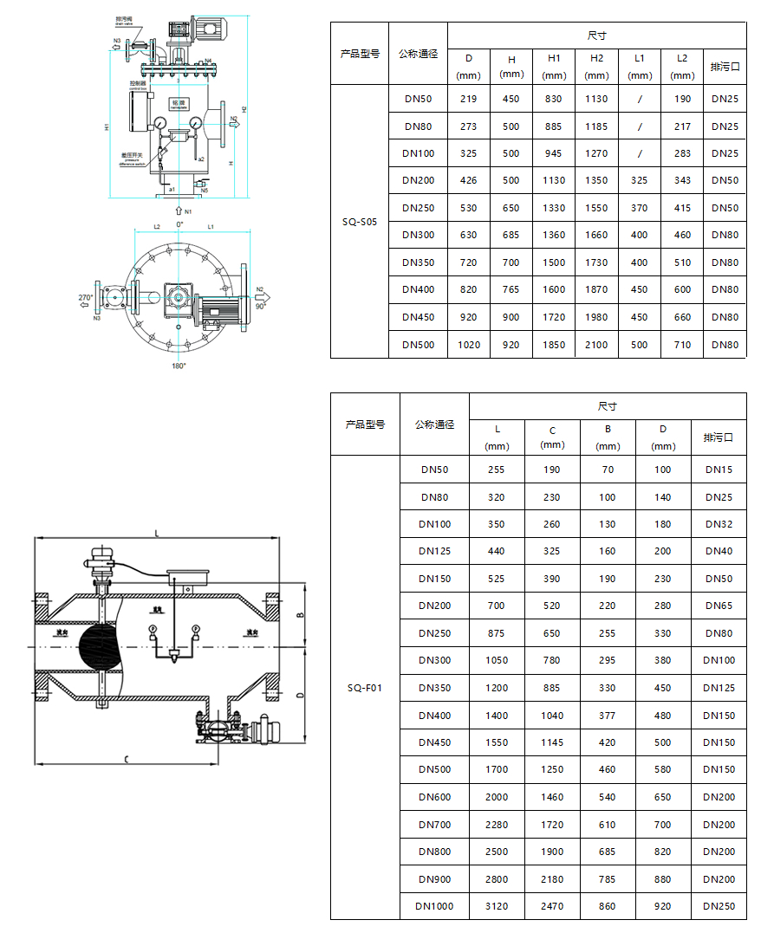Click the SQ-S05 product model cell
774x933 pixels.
pos(360,221)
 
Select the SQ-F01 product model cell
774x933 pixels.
pos(365,688)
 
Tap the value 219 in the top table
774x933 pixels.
pos(469,99)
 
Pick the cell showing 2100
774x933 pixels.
pos(596,345)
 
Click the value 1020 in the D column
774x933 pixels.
pos(469,345)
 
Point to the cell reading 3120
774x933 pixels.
pos(497,906)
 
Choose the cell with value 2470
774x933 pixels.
pos(552,906)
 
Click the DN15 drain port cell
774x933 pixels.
pos(719,470)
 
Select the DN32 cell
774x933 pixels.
pos(719,524)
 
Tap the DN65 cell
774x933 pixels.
pos(719,606)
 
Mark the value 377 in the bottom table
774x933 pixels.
pos(608,716)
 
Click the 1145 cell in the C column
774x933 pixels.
pos(552,742)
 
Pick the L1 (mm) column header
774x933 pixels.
pos(640,66)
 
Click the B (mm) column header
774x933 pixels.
pos(608,437)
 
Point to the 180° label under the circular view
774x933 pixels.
pos(179,366)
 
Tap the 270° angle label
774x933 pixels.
pos(85,297)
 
